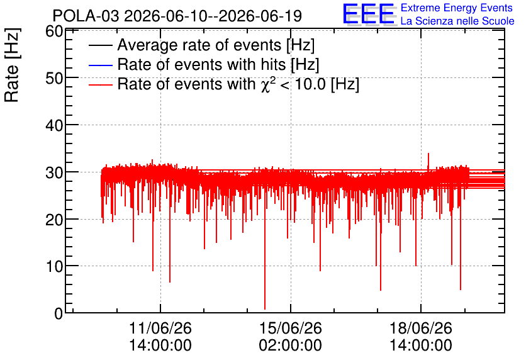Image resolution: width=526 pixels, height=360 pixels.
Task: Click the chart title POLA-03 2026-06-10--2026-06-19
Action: tap(177, 16)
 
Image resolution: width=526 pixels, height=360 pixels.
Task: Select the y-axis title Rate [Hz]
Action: tap(12, 65)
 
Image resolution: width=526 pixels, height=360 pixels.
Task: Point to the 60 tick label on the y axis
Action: tap(54, 31)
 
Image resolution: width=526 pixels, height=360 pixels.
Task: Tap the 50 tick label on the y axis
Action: tap(54, 78)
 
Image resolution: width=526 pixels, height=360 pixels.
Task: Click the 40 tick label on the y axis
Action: tap(54, 125)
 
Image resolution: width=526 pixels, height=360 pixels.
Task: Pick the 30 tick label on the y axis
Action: tap(54, 172)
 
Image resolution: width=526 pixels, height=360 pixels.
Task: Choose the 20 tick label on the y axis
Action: tap(54, 220)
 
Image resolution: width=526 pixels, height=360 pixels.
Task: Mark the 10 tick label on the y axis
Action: tap(54, 266)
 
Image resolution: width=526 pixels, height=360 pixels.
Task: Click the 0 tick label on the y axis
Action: tap(59, 313)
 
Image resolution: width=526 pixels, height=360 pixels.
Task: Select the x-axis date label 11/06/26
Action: tap(160, 328)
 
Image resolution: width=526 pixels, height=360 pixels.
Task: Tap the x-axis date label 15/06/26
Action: tap(291, 328)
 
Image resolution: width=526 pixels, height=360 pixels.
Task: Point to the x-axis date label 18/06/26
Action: tap(421, 328)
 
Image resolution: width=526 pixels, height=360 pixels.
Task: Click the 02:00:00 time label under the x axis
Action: tap(291, 346)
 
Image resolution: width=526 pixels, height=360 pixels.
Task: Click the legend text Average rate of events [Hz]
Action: tap(216, 45)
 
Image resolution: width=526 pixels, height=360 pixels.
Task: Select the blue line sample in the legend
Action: tap(101, 65)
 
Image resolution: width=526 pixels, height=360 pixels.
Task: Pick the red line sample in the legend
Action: tap(101, 85)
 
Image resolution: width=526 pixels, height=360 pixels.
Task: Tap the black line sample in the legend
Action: tap(101, 45)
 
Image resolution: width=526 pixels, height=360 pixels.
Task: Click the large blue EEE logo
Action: tap(369, 14)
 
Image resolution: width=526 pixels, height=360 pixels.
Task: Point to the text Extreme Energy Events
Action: tap(457, 8)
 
